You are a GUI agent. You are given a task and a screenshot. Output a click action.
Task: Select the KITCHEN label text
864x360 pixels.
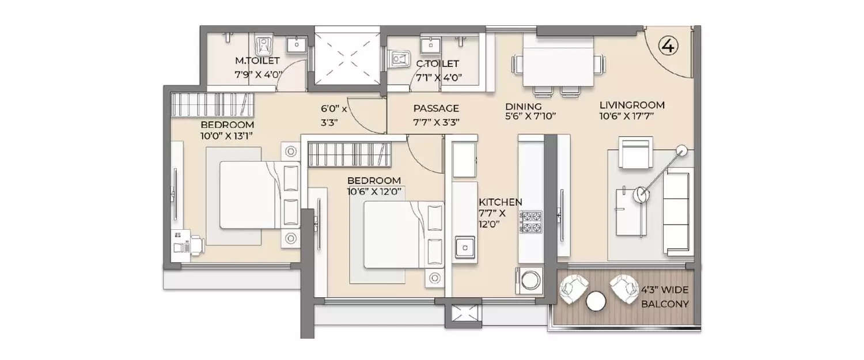coord(500,202)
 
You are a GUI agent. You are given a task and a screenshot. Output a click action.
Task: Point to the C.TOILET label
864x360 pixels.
coord(438,64)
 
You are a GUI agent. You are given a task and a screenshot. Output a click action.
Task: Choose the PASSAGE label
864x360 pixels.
coord(436,108)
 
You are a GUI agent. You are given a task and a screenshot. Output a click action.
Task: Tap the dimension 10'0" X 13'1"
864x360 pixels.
coord(227,136)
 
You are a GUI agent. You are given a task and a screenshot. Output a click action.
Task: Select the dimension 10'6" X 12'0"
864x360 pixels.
coord(374,191)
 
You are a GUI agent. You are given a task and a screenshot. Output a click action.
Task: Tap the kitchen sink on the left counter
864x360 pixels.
coord(464,248)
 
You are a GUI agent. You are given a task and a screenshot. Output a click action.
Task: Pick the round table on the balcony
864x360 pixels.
coord(596,301)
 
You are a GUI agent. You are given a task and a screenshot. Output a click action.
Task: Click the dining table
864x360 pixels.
coord(557,65)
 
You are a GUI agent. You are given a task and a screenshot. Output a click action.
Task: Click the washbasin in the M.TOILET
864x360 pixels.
coord(297,45)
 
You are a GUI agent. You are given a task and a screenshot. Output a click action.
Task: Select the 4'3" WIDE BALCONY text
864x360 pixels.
coord(665,297)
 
